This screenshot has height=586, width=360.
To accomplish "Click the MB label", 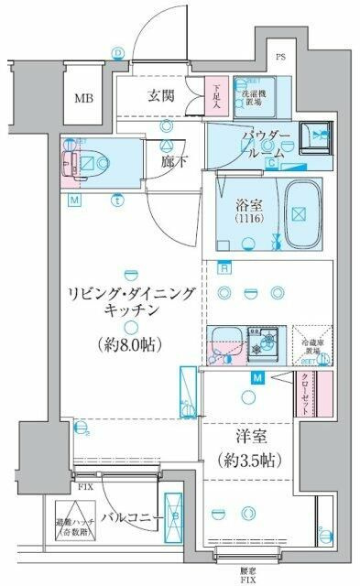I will coord(83,98).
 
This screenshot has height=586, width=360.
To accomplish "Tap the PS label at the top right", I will coord(281,62).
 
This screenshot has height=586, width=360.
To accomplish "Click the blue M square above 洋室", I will coord(259,377).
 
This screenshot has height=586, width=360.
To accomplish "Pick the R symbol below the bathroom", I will coord(224,268).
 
